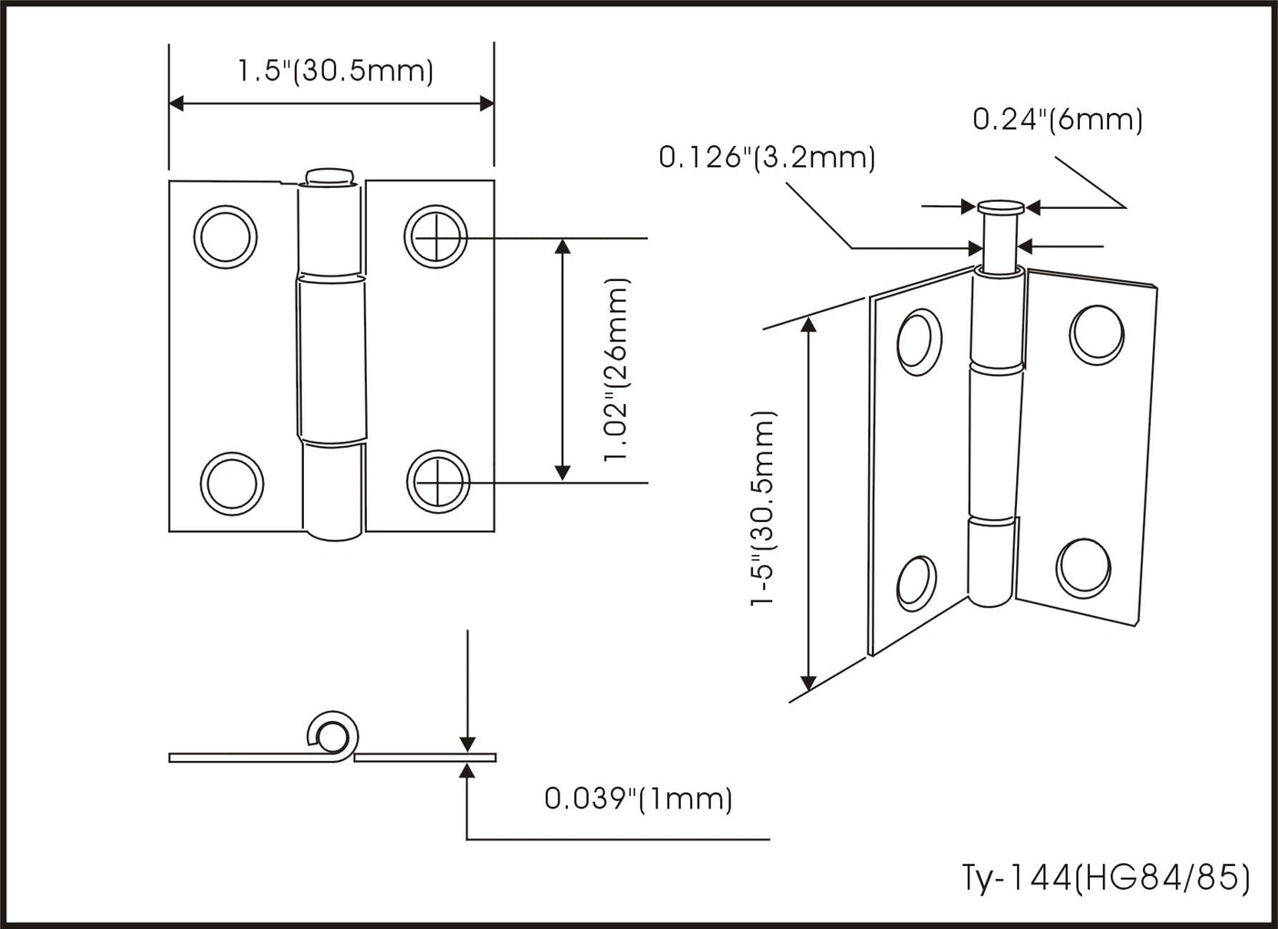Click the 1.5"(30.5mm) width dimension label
click(x=336, y=72)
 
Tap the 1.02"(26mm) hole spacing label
click(x=617, y=371)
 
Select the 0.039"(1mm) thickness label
click(x=638, y=799)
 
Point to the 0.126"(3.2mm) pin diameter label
click(x=767, y=157)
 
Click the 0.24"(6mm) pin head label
click(x=1058, y=120)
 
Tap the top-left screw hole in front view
click(x=225, y=236)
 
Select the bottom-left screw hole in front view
click(x=232, y=485)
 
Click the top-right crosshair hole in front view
click(x=436, y=236)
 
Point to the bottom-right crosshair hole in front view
click(x=438, y=482)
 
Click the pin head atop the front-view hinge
click(x=330, y=176)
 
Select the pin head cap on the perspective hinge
click(x=1000, y=206)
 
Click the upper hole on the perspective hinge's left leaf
click(x=919, y=341)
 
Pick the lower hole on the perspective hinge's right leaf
click(x=1083, y=569)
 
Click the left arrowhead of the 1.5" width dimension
click(x=177, y=104)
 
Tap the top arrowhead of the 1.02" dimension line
click(x=562, y=246)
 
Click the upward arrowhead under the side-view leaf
click(x=467, y=771)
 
